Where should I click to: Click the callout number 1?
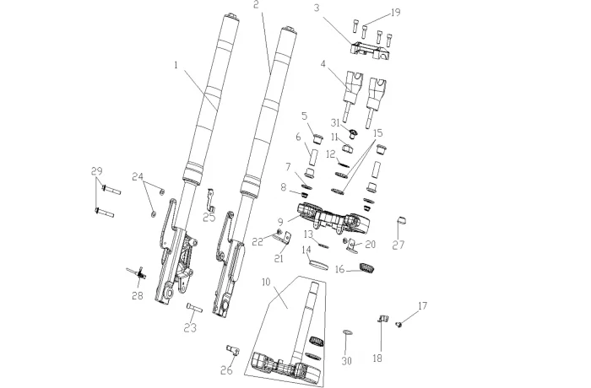[x=176, y=65]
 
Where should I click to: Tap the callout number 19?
[x=395, y=13]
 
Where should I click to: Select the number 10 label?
[x=266, y=282]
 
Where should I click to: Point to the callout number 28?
[x=138, y=296]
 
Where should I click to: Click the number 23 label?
[x=190, y=328]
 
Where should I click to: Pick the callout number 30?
[x=346, y=361]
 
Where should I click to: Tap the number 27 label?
[x=399, y=245]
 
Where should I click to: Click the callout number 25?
[x=209, y=218]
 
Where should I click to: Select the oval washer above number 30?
[x=348, y=332]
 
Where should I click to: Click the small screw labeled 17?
[x=398, y=324]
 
